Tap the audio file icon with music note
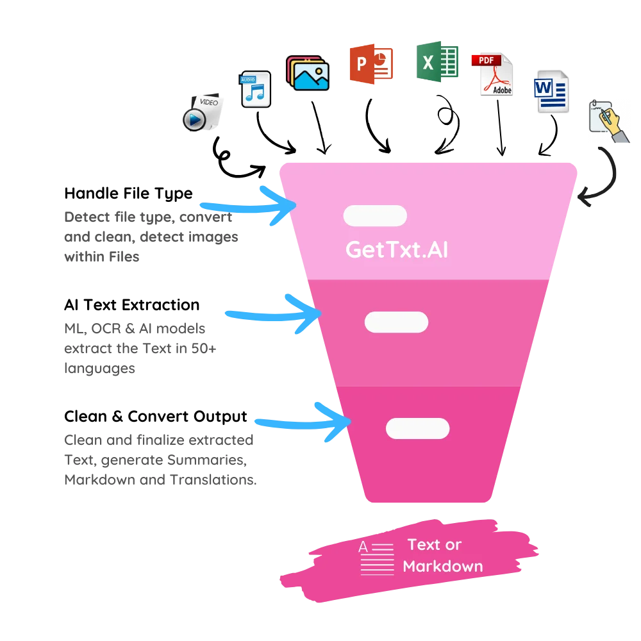pos(256,89)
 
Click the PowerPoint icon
pos(371,63)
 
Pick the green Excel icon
pos(438,62)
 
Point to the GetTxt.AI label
pos(397,249)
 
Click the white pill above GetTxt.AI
pos(375,216)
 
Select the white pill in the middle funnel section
pos(396,322)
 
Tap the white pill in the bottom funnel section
pos(417,428)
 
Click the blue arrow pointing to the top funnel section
pos(247,206)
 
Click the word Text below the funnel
pos(424,545)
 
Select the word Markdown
pos(443,567)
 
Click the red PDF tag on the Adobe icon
pos(485,60)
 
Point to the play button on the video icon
pos(194,120)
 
